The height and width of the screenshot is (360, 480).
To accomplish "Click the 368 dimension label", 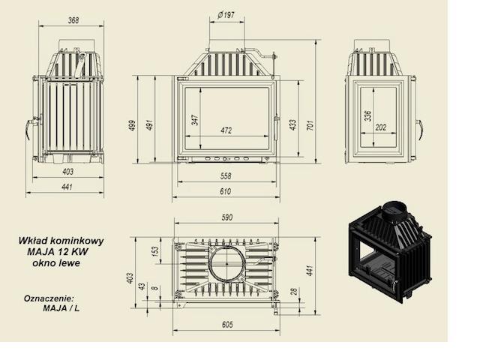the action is coord(73,20).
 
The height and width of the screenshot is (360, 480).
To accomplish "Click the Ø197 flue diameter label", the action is coord(226,15).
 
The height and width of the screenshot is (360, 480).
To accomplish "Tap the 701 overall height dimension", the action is coord(310,125).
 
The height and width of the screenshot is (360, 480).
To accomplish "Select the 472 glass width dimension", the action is coord(226,130).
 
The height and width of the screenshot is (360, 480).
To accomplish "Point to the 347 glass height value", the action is coord(195,120).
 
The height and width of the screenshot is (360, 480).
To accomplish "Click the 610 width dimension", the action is coord(225,192).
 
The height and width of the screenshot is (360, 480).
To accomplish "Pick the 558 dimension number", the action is coord(226,176).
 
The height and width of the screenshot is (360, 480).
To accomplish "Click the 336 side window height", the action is coord(368,115).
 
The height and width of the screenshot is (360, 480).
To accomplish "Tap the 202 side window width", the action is coord(380,127).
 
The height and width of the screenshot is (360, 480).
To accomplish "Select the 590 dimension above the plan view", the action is coord(226,217).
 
